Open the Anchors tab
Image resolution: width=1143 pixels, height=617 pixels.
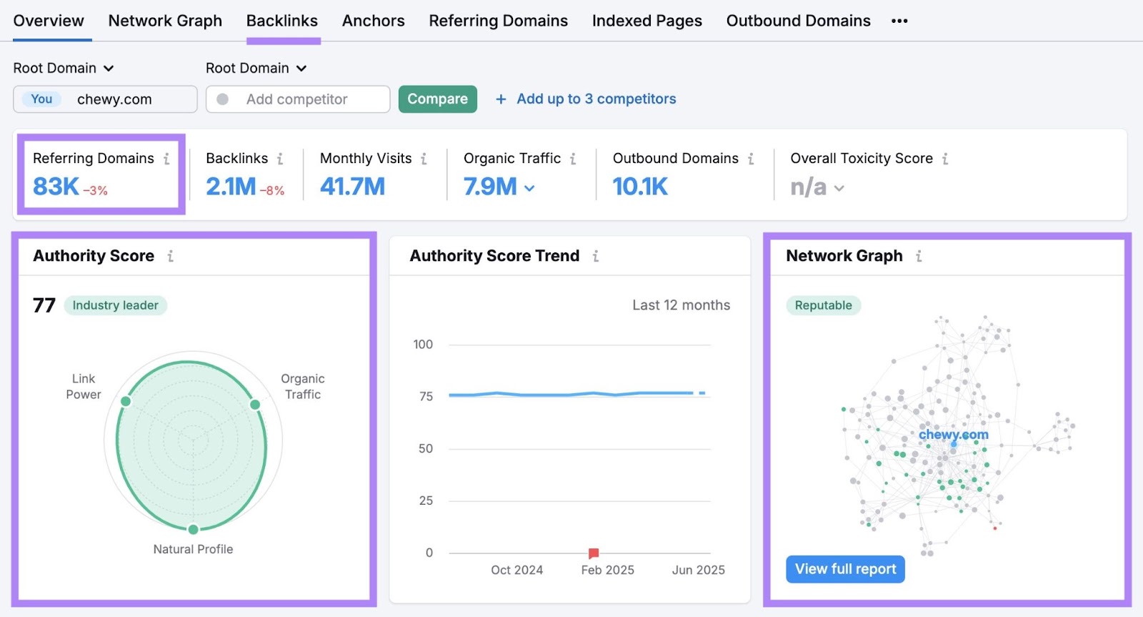373,21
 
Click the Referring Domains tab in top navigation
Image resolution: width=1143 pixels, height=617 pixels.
498,21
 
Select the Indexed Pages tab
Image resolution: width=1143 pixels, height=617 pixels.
647,21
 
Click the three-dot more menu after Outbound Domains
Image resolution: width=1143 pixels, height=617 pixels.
899,21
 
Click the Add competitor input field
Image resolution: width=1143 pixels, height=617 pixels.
297,99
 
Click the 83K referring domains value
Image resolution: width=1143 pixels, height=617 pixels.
56,187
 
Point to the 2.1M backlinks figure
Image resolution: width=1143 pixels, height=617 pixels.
231,187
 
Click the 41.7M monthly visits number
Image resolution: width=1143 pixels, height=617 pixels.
352,187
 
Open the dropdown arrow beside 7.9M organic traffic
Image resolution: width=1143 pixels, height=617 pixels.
529,188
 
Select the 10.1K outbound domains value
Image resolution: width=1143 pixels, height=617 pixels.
640,187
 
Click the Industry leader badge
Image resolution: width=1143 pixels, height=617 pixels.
115,305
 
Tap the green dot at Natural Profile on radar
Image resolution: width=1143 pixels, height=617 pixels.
193,529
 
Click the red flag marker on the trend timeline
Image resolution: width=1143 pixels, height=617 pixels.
593,553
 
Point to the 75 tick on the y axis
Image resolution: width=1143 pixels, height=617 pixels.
426,396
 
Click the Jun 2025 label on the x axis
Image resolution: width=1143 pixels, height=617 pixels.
698,570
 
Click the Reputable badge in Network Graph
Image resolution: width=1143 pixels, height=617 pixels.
823,305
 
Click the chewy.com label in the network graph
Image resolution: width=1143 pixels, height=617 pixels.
953,434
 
